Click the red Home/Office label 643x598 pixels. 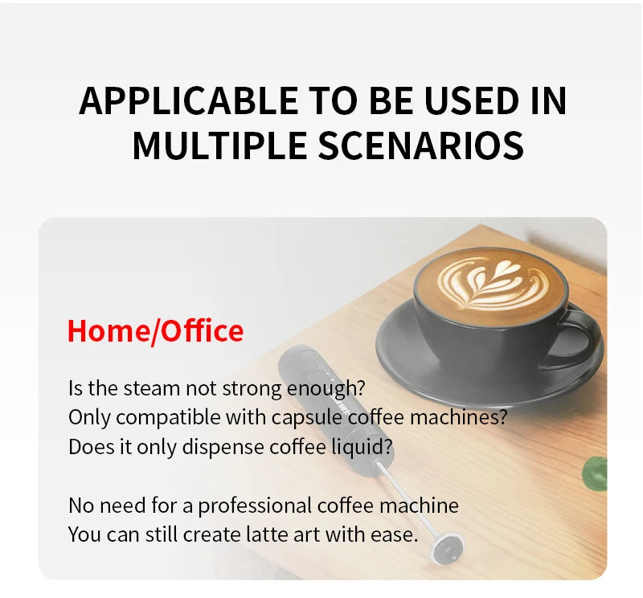[x=155, y=331]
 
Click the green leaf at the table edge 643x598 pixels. [x=596, y=474]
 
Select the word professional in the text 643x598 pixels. [x=256, y=506]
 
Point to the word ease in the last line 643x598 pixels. [x=398, y=534]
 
